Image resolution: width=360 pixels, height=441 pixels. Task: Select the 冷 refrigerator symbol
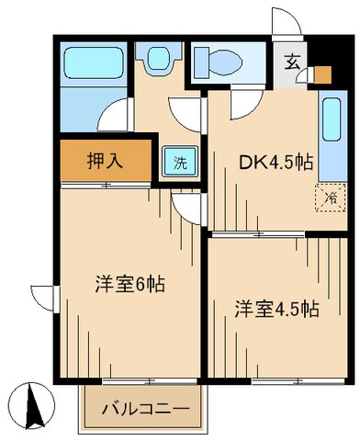point(328,196)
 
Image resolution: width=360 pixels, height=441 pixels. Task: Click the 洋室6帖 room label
point(129,284)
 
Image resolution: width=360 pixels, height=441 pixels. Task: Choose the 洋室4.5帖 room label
point(276,309)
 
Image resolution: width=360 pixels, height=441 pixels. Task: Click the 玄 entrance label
point(290,62)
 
